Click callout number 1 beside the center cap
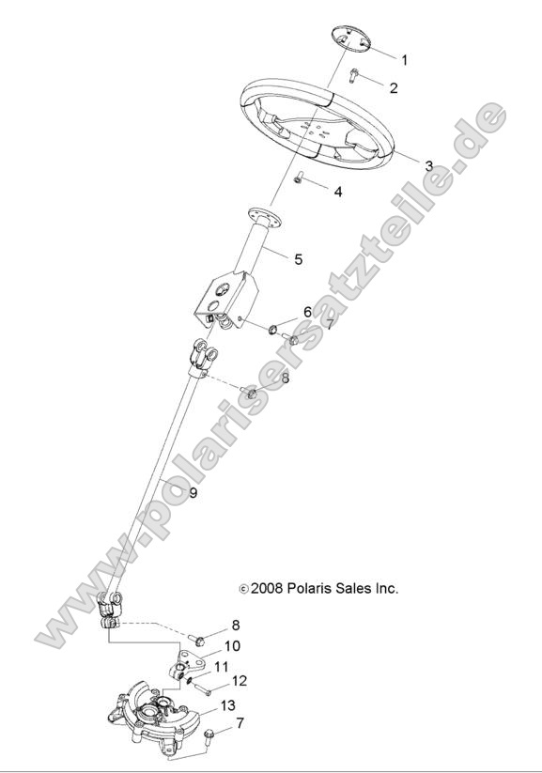(x=404, y=60)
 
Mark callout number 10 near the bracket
(x=231, y=646)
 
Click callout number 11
(x=222, y=666)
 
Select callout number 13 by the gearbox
(x=227, y=704)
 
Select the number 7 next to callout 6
(x=329, y=324)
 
